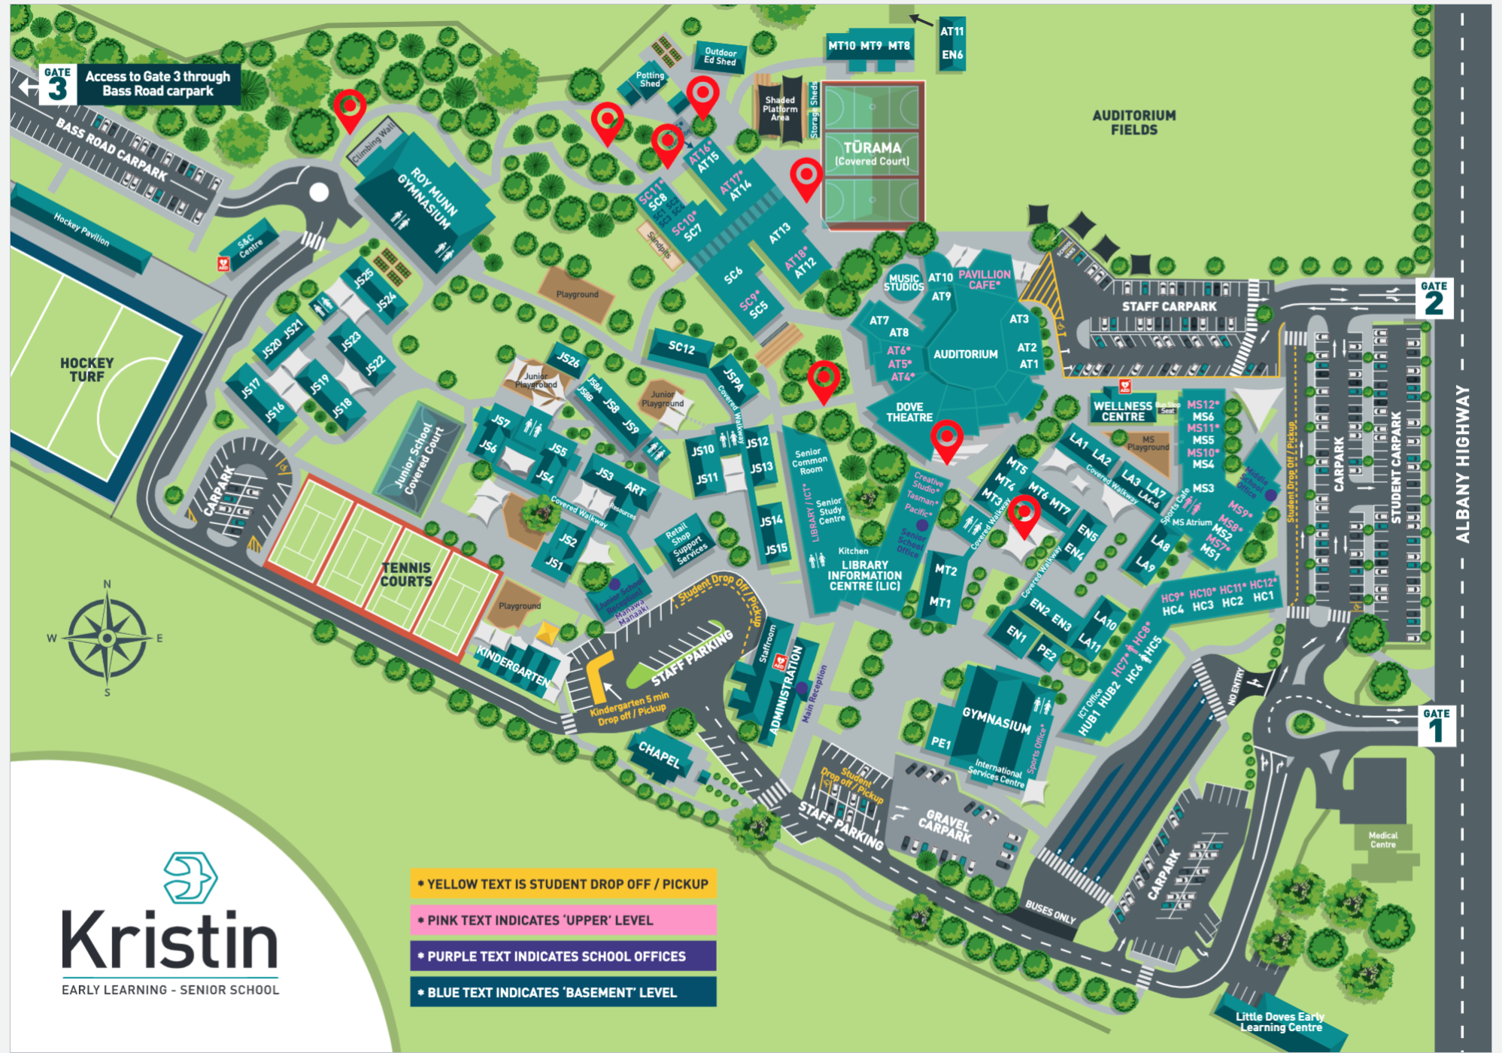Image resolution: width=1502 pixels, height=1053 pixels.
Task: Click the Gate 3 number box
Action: (56, 84)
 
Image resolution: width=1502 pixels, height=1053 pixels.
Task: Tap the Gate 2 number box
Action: (1434, 299)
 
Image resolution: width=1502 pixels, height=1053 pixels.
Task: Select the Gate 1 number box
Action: (1436, 727)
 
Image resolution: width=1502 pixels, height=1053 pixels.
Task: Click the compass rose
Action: (108, 639)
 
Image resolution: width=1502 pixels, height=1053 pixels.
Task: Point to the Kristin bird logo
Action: (190, 877)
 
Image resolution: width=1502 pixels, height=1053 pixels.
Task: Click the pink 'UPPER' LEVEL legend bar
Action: (563, 920)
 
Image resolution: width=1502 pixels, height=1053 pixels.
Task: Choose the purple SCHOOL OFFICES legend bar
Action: (563, 956)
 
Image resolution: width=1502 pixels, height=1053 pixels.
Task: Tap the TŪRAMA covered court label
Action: (872, 153)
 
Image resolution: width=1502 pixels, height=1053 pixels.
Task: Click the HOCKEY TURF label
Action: (87, 369)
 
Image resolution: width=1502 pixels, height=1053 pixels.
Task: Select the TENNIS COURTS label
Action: (406, 575)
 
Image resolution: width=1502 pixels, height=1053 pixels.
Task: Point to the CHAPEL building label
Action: (659, 754)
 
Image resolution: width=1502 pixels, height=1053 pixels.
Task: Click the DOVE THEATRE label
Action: (909, 411)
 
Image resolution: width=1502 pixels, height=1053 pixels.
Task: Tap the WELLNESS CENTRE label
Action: (1122, 411)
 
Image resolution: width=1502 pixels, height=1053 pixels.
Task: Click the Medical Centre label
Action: (1382, 839)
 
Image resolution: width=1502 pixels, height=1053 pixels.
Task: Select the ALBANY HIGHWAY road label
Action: (1462, 464)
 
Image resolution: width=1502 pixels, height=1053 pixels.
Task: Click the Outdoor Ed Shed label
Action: (720, 56)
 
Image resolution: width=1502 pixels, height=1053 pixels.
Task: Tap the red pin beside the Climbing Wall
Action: (350, 108)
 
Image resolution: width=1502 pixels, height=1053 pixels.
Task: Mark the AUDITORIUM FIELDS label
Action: (1133, 123)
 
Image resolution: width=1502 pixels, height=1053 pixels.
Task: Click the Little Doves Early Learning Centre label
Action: (1280, 1021)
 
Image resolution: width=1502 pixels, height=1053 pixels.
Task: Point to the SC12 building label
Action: (681, 347)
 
